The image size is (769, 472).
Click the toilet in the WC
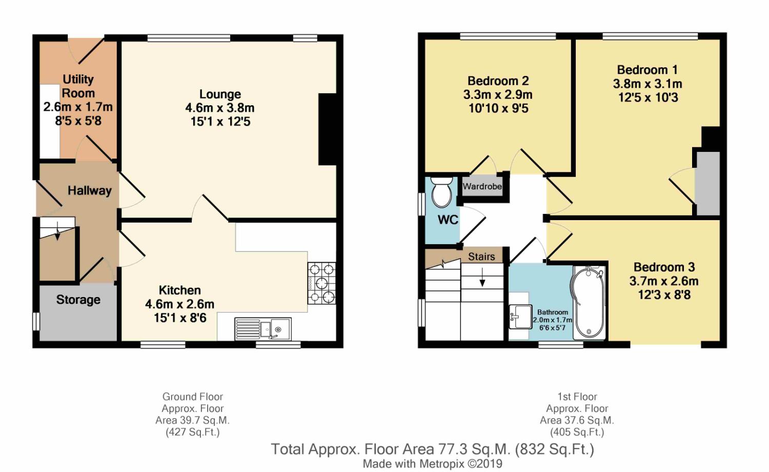[x=441, y=192]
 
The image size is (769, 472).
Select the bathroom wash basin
[x=520, y=317]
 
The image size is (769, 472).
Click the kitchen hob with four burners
[x=321, y=283]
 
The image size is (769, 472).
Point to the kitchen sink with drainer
[x=263, y=329]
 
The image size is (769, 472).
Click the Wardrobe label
[x=482, y=187]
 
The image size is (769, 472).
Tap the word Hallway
[x=90, y=191]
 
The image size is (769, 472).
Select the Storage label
[x=78, y=300]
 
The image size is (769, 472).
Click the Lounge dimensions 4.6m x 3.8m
[x=220, y=108]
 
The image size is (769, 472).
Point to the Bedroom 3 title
[x=664, y=267]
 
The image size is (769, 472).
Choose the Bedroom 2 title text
[x=498, y=81]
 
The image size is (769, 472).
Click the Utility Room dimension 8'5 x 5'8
[x=78, y=121]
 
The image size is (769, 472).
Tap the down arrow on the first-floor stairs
[x=482, y=277]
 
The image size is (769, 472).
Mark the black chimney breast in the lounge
[x=328, y=129]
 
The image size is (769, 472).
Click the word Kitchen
[x=179, y=290]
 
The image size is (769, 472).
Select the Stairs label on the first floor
[x=481, y=257]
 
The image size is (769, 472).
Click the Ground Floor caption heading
[x=193, y=397]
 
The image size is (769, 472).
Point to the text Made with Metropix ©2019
[x=433, y=464]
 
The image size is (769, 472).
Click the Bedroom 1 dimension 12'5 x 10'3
[x=648, y=97]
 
